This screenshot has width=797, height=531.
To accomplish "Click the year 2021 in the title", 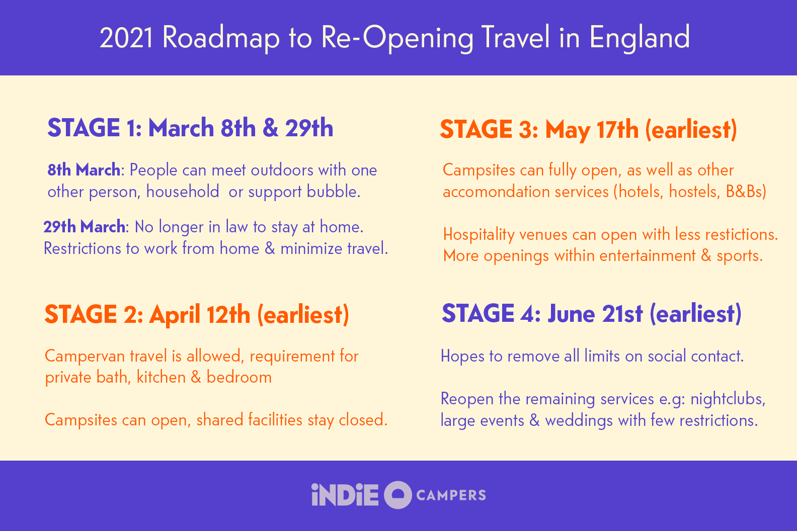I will click(x=126, y=38).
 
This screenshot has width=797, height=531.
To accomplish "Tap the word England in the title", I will click(x=639, y=38).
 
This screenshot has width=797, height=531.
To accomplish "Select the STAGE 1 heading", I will click(x=190, y=128).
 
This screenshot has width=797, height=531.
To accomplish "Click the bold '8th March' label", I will click(x=84, y=170).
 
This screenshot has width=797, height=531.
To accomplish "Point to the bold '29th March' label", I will click(x=85, y=227).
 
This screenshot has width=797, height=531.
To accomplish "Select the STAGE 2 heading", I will click(x=197, y=315).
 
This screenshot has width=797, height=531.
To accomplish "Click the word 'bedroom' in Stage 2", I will click(x=239, y=377).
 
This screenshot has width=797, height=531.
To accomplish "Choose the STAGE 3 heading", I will click(x=588, y=129).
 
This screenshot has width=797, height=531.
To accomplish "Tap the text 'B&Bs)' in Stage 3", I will click(x=746, y=192).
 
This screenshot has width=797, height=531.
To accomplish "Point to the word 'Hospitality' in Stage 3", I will click(x=479, y=234).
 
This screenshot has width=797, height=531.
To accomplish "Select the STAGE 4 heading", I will click(x=591, y=314).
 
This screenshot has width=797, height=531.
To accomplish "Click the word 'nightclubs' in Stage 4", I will click(x=727, y=399).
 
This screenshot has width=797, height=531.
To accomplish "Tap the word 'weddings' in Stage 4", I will click(x=579, y=420).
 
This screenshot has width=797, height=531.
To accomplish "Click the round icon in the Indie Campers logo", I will click(x=397, y=495).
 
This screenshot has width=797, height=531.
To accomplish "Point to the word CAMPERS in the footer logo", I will click(x=451, y=495).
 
